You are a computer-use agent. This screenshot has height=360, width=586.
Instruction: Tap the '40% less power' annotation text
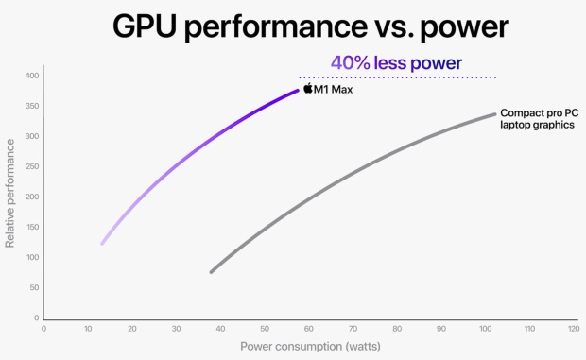395,63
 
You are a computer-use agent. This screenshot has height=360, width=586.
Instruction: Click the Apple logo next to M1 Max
308,89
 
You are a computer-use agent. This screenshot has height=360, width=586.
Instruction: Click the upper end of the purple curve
298,91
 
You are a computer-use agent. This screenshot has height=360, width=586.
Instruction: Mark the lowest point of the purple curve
102,244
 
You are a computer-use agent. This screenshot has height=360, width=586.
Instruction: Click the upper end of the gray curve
494,114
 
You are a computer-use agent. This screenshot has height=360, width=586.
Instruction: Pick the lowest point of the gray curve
211,272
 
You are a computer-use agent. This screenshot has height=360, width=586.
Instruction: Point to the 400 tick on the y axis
32,76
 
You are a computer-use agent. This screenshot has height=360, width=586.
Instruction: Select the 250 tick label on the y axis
32,166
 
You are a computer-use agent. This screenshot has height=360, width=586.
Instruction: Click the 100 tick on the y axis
32,257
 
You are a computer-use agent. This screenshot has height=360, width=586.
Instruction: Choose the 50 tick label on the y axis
34,287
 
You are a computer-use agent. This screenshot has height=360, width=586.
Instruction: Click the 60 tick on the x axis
308,328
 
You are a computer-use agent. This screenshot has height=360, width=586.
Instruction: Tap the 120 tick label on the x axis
573,328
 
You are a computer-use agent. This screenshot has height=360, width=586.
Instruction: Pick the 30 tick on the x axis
176,328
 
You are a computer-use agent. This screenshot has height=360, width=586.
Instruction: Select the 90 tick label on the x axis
440,328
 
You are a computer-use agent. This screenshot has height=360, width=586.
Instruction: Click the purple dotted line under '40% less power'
397,77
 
